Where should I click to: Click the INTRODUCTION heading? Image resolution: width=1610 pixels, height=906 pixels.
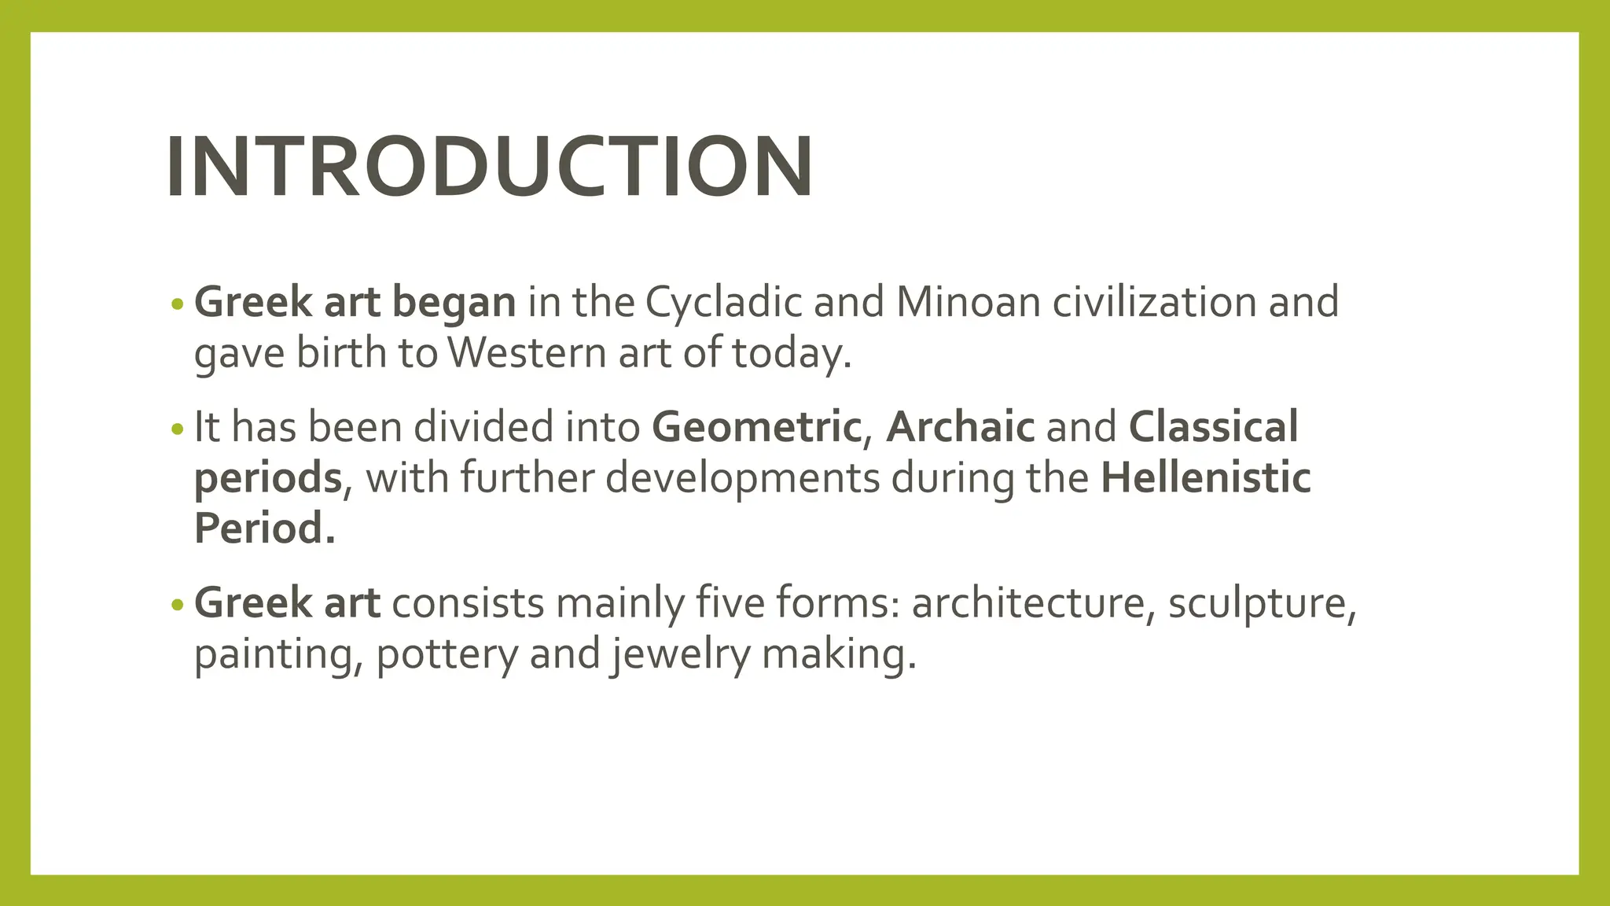pyautogui.click(x=489, y=167)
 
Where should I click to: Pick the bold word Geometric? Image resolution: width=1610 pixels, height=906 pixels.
pyautogui.click(x=756, y=428)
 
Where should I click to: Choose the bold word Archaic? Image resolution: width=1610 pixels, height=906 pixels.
pyautogui.click(x=960, y=428)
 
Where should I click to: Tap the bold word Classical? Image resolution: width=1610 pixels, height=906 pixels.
pyautogui.click(x=1213, y=428)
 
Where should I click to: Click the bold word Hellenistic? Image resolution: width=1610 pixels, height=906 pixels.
pyautogui.click(x=1205, y=478)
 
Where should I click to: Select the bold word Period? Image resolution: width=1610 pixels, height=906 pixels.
pyautogui.click(x=264, y=528)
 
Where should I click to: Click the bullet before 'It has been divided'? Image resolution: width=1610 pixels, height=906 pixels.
pyautogui.click(x=177, y=429)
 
